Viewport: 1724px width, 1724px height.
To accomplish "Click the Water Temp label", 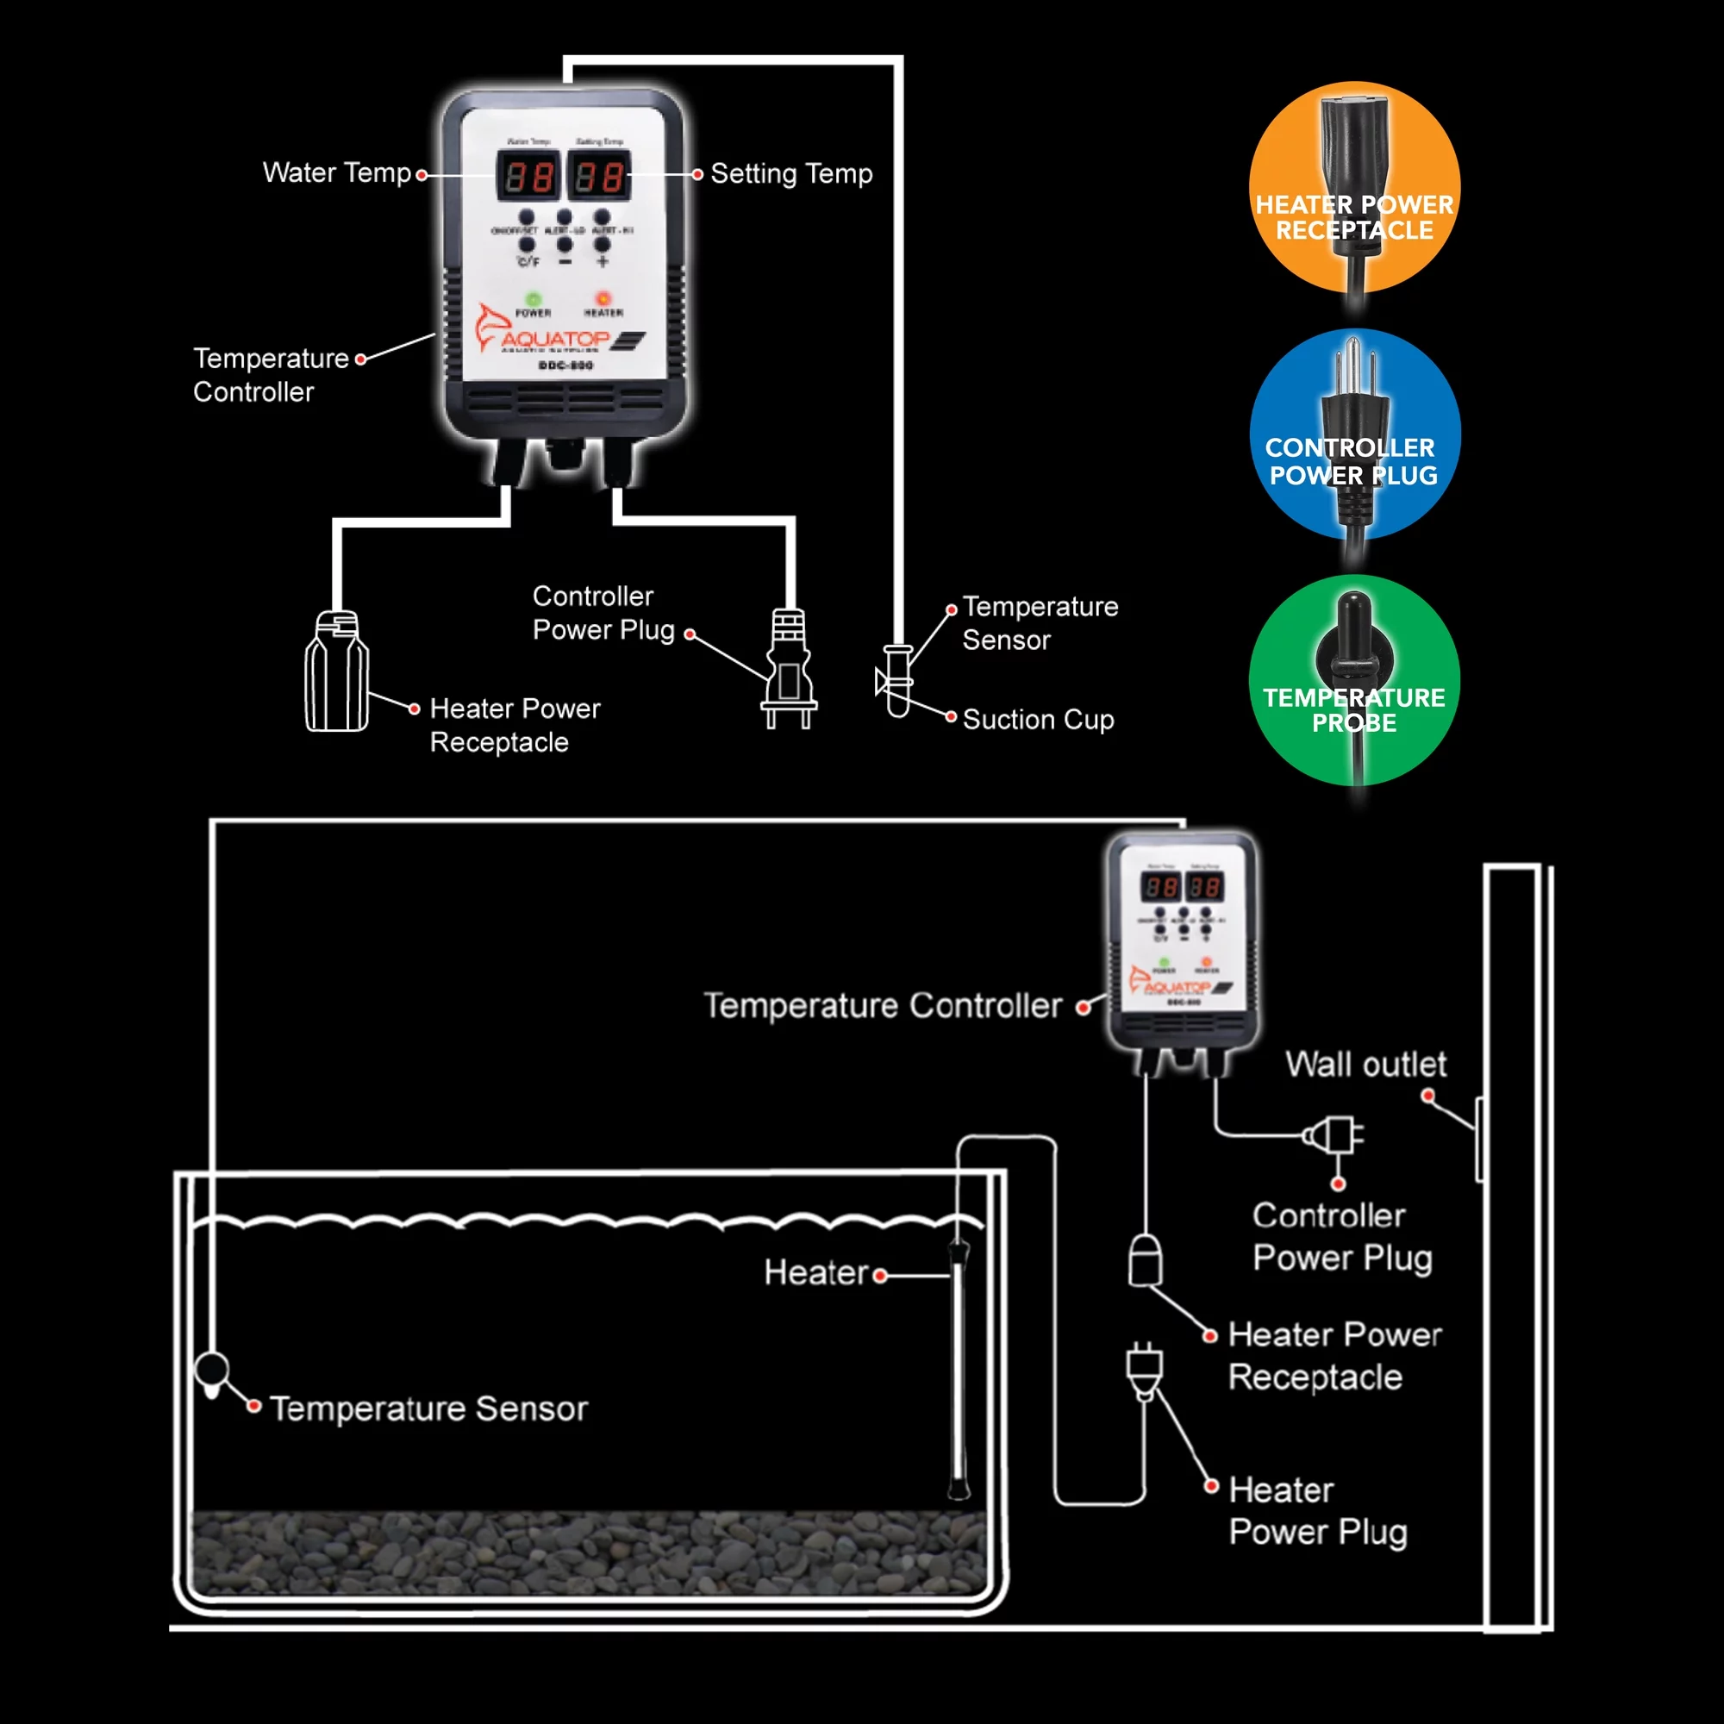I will (x=336, y=172).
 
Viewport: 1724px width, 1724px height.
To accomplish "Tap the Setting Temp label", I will (x=790, y=173).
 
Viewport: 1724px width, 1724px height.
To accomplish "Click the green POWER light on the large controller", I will (x=533, y=299).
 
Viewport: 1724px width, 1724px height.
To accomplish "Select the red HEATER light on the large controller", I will (x=603, y=298).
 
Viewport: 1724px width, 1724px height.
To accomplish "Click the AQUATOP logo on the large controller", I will (x=555, y=338).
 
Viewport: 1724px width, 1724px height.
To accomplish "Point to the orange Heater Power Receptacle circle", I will (x=1353, y=187).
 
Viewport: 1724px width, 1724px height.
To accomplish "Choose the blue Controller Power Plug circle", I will (x=1353, y=434).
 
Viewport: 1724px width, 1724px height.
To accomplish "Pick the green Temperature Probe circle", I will (x=1353, y=680).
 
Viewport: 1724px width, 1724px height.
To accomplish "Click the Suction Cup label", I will (x=1038, y=719).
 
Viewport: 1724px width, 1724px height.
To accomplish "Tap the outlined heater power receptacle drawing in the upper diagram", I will (x=336, y=671).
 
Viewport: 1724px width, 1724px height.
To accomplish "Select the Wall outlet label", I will (x=1365, y=1064).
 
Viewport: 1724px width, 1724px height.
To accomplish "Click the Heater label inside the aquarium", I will (x=815, y=1272).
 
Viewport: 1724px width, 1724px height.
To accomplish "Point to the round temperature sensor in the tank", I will (x=212, y=1371).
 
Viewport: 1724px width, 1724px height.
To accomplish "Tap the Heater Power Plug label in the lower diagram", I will (x=1317, y=1511).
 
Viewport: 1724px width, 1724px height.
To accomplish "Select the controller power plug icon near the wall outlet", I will (x=1334, y=1136).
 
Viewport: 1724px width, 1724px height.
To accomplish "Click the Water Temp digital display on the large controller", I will (x=528, y=176).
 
